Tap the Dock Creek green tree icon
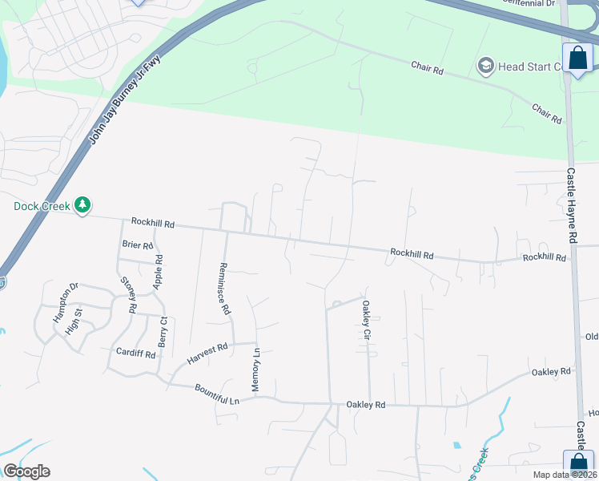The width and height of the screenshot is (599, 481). pyautogui.click(x=82, y=206)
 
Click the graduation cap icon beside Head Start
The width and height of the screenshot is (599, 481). pyautogui.click(x=484, y=66)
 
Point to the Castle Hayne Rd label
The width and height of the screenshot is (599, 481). pyautogui.click(x=572, y=205)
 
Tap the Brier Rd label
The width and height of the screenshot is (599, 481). pyautogui.click(x=137, y=245)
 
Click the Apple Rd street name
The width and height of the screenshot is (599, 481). pyautogui.click(x=159, y=271)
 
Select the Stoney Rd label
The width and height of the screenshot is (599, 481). pyautogui.click(x=129, y=293)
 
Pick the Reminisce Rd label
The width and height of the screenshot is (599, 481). pyautogui.click(x=225, y=288)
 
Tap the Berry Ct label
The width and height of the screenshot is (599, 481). pyautogui.click(x=163, y=330)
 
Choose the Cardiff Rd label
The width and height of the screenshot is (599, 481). pyautogui.click(x=135, y=354)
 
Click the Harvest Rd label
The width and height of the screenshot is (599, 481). pyautogui.click(x=208, y=351)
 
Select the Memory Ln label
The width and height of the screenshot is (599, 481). pyautogui.click(x=256, y=369)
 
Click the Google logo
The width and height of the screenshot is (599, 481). pyautogui.click(x=26, y=471)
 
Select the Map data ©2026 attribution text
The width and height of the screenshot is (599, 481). pyautogui.click(x=565, y=475)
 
